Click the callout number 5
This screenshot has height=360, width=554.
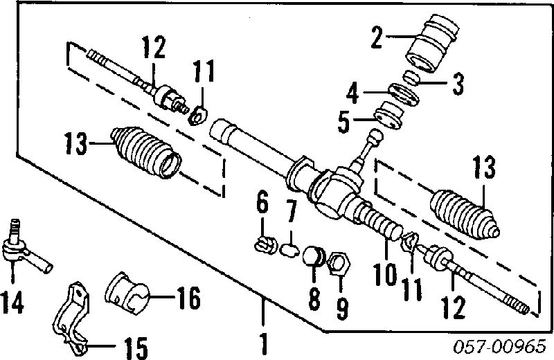pyautogui.click(x=343, y=123)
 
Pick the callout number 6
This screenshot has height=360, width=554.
pyautogui.click(x=261, y=204)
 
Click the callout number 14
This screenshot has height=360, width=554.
pyautogui.click(x=12, y=301)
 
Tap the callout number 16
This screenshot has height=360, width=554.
pyautogui.click(x=186, y=299)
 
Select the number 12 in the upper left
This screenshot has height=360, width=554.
pyautogui.click(x=153, y=48)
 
